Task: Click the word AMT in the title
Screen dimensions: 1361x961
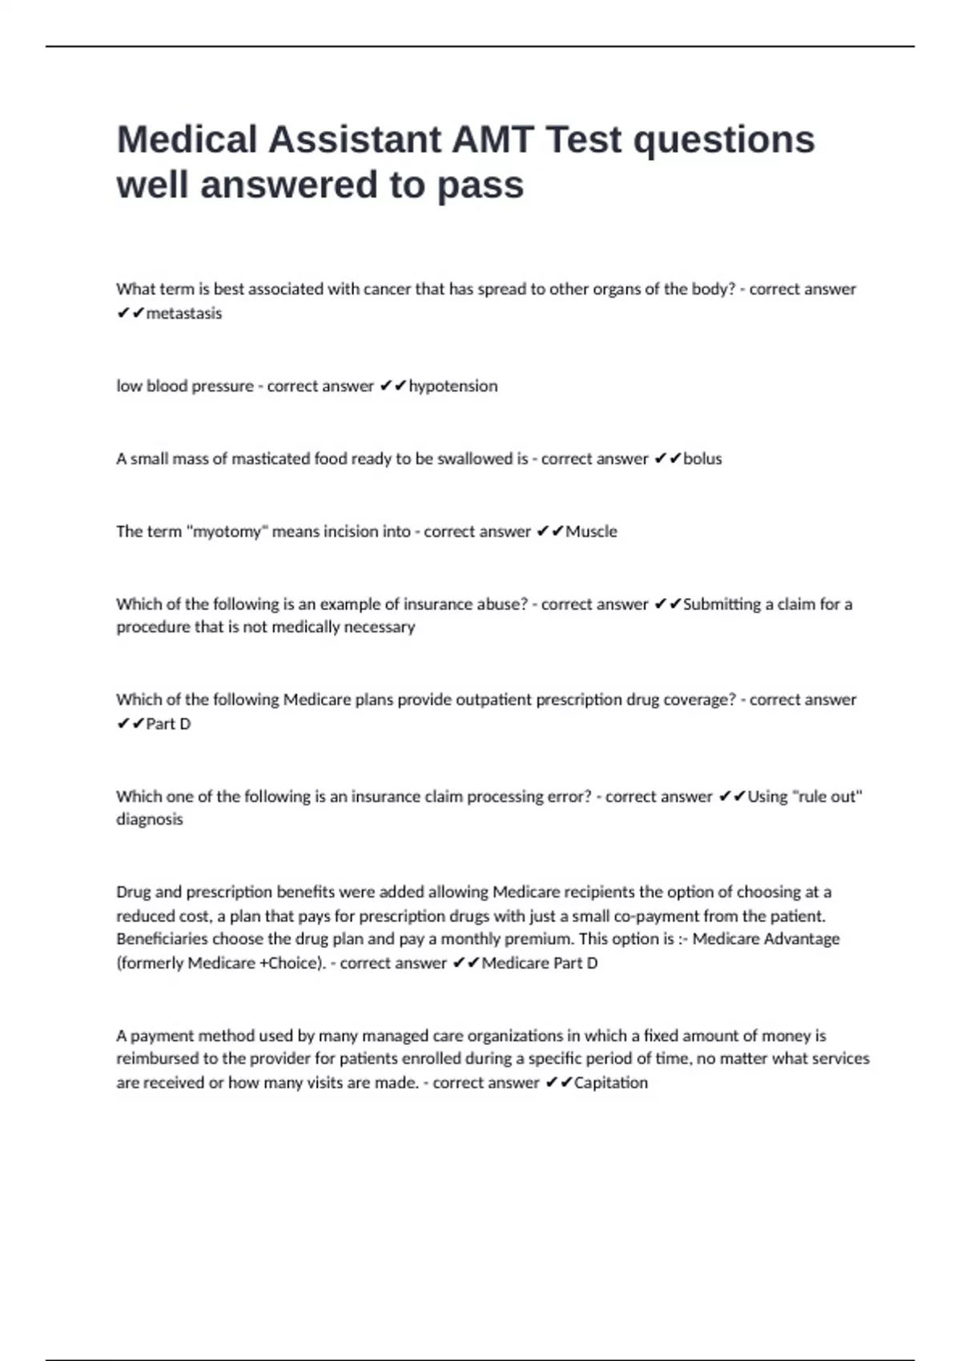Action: [x=492, y=139]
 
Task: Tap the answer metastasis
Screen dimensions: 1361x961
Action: [x=183, y=313]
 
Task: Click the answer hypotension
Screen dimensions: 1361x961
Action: [x=453, y=386]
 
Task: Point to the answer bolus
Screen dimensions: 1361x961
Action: [x=702, y=459]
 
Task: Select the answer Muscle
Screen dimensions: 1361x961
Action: [x=591, y=532]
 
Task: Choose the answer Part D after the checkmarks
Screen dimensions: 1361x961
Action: [x=168, y=724]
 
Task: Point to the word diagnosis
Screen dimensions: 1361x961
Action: [x=150, y=819]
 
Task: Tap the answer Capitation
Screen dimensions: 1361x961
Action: [x=611, y=1082]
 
